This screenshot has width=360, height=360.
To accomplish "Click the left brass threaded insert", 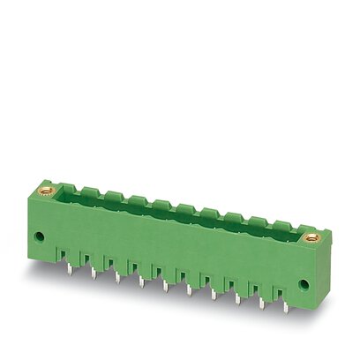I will tap(47, 188).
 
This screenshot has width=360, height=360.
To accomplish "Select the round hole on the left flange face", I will tap(40, 236).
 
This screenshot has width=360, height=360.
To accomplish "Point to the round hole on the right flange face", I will tap(304, 285).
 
